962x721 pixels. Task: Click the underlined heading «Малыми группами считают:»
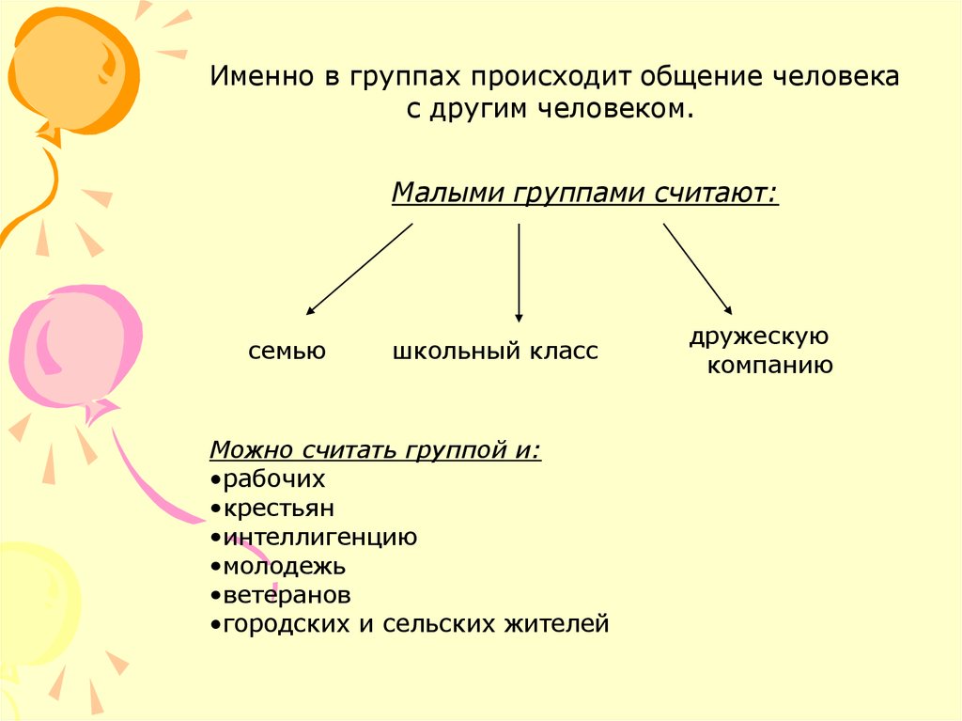(x=584, y=194)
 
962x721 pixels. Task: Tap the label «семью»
(x=287, y=352)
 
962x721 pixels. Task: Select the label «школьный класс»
(x=495, y=352)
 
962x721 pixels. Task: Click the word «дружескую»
(x=758, y=337)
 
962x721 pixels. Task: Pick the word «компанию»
(x=769, y=366)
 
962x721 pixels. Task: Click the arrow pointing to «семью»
(x=359, y=268)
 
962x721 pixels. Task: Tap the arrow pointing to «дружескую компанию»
(x=697, y=268)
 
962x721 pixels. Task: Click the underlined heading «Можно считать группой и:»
(x=375, y=449)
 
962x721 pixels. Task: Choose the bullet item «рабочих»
(x=273, y=479)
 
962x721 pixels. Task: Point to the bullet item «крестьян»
(x=278, y=509)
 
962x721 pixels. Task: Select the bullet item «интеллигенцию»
(x=319, y=538)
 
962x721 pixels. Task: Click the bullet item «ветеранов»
(x=286, y=596)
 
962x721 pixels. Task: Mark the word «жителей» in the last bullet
(x=561, y=624)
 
